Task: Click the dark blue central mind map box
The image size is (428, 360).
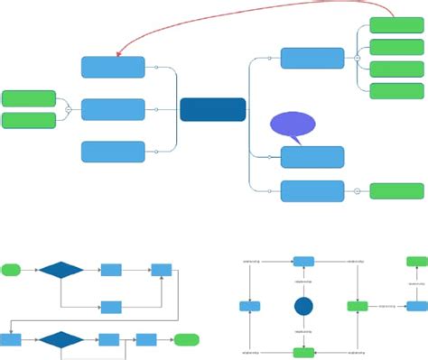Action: tap(212, 109)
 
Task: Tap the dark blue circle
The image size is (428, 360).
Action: tap(304, 306)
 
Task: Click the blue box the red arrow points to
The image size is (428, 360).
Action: tap(113, 68)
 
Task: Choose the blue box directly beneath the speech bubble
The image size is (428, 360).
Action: tap(312, 157)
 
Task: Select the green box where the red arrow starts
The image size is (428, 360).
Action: tap(396, 26)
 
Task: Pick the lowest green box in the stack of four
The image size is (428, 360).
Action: tap(396, 90)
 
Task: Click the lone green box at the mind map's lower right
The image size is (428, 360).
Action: tap(396, 190)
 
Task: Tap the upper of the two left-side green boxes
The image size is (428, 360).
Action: tap(29, 98)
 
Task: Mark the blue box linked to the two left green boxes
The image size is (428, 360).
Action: tap(113, 109)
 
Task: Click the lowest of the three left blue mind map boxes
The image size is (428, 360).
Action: tap(113, 152)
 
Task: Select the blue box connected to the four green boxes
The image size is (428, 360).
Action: tap(312, 58)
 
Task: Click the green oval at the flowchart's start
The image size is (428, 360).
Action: tap(12, 269)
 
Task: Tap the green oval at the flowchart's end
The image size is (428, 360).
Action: tap(187, 339)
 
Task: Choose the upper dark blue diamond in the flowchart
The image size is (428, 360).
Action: tap(60, 269)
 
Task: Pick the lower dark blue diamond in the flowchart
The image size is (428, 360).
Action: tap(60, 339)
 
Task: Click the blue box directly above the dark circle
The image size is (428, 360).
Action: tap(304, 262)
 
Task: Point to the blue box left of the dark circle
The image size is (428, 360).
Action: tap(250, 306)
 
